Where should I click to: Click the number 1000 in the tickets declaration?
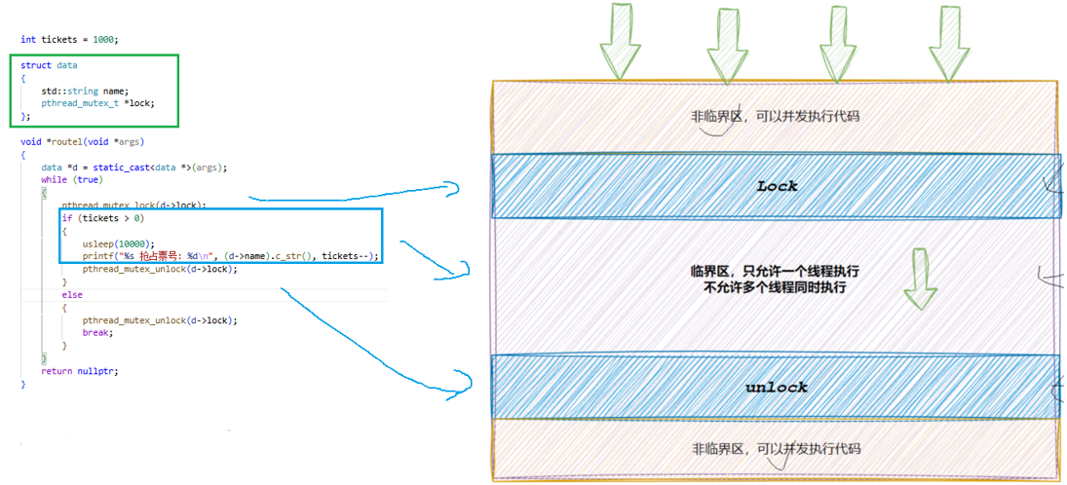click(103, 40)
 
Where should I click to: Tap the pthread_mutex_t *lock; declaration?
click(97, 103)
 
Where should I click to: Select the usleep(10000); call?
click(118, 243)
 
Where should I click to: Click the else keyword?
click(72, 294)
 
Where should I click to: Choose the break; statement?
click(97, 332)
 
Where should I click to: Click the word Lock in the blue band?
click(776, 186)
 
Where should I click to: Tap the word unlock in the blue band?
click(776, 388)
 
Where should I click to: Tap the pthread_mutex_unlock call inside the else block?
click(160, 319)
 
